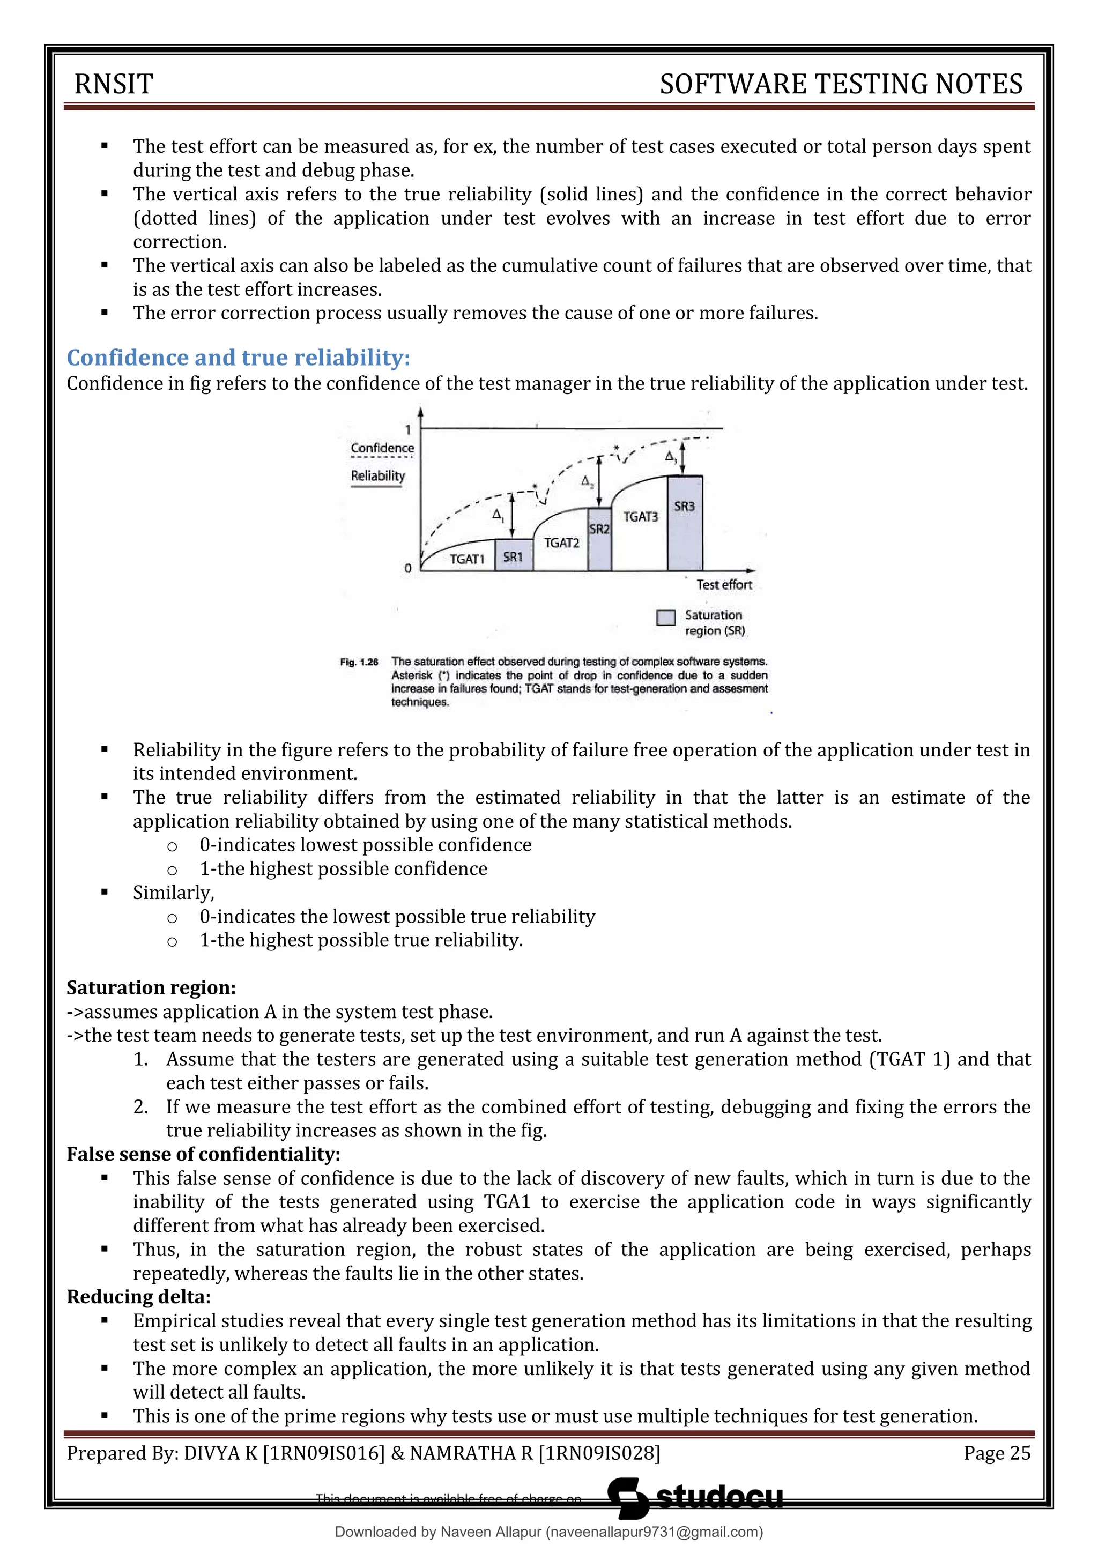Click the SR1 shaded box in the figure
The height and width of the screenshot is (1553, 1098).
(514, 556)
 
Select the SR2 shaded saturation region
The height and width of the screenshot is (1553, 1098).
(599, 538)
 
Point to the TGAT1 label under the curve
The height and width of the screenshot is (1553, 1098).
(468, 559)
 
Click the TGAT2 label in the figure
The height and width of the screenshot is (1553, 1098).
(561, 543)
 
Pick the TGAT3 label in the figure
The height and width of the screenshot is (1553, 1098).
(640, 517)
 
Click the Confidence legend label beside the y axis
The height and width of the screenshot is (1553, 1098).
(382, 448)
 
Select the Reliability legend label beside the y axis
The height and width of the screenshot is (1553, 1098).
(377, 475)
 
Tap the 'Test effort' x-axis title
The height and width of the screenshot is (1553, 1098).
(724, 584)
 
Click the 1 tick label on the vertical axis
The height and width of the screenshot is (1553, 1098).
(409, 429)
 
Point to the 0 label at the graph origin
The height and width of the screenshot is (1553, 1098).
(408, 568)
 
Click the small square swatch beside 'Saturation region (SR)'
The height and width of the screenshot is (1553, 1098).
(666, 618)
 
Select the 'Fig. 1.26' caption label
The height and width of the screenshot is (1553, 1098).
(359, 662)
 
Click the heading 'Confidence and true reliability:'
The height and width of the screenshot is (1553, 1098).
(238, 357)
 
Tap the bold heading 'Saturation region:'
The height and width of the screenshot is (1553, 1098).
(151, 987)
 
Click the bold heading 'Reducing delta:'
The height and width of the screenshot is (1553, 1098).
(139, 1297)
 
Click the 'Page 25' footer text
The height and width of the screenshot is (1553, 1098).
(997, 1453)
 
